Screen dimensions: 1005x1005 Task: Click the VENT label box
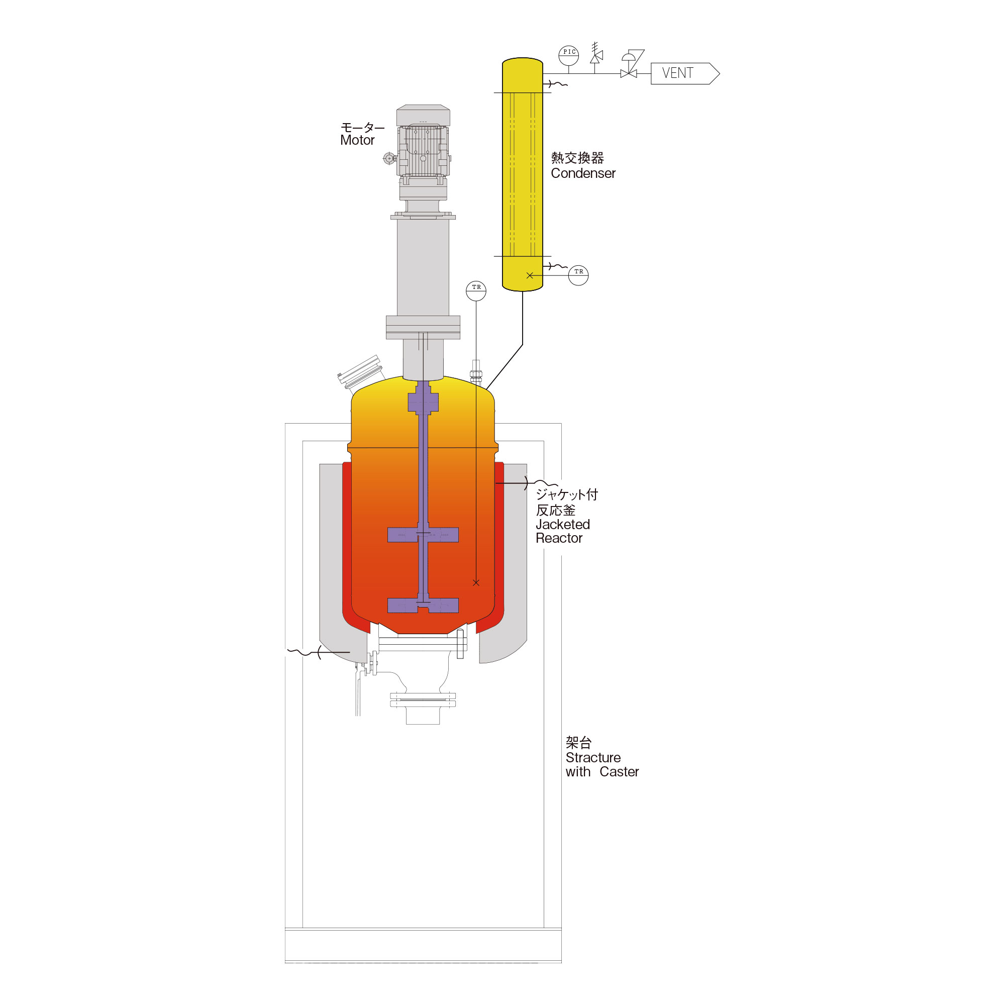684,73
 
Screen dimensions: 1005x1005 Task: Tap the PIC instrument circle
568,55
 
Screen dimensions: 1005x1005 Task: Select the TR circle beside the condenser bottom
578,275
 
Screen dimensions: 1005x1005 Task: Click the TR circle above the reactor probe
476,291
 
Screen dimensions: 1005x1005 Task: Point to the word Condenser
583,173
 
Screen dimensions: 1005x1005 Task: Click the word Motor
357,140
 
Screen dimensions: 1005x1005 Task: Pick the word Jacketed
563,524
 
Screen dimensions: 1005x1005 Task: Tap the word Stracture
593,757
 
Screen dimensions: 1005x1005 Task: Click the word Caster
619,771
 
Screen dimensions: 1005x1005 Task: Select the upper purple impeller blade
423,535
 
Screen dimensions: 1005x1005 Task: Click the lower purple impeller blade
423,606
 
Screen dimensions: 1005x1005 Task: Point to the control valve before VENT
630,65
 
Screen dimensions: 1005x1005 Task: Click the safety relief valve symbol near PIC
596,54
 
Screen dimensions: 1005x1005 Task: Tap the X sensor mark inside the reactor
476,582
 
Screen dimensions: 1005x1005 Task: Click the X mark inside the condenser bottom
530,275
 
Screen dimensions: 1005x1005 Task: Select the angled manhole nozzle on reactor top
361,373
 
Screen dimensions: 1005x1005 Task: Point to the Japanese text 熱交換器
577,158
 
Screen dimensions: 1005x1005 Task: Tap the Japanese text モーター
363,128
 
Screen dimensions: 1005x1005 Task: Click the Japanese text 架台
578,742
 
